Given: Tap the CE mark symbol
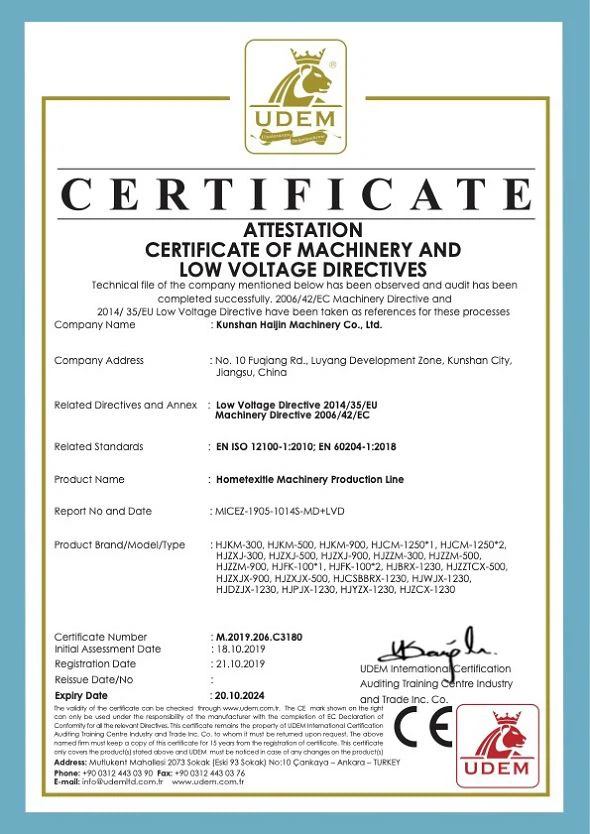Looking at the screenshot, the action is click(x=420, y=728).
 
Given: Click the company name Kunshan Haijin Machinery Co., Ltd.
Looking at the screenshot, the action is click(x=299, y=325).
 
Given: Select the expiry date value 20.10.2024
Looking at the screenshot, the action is click(x=243, y=694).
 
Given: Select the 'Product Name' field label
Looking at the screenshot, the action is click(x=89, y=479).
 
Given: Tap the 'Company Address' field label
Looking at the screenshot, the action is click(x=98, y=360).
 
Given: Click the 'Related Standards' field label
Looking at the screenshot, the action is click(x=98, y=446).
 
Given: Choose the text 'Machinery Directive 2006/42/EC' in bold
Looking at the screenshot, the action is click(x=292, y=414).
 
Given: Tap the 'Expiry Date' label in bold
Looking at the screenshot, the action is click(x=81, y=694).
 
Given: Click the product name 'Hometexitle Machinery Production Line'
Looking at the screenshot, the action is click(x=310, y=479).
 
